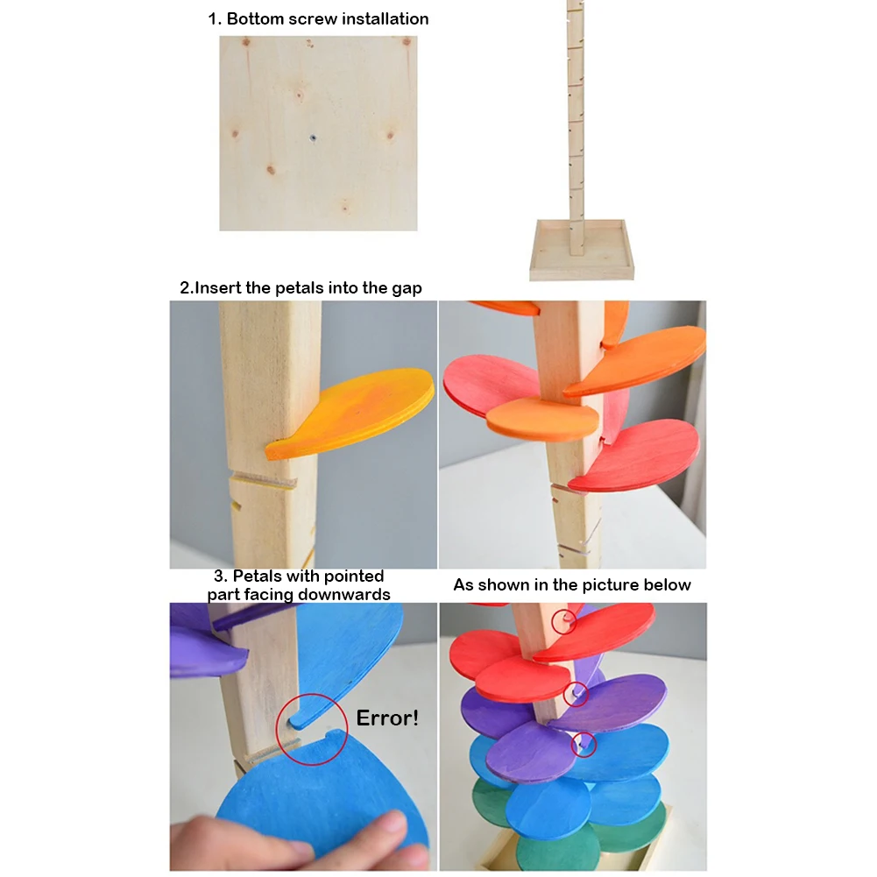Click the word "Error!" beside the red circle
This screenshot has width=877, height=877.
[386, 718]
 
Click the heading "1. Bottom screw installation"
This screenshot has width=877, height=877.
[318, 18]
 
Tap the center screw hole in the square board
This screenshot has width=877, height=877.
[313, 137]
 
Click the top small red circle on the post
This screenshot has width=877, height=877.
[564, 621]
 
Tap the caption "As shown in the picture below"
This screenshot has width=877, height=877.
[572, 584]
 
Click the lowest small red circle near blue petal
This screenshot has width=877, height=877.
[583, 745]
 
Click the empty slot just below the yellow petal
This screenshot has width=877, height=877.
[263, 481]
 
